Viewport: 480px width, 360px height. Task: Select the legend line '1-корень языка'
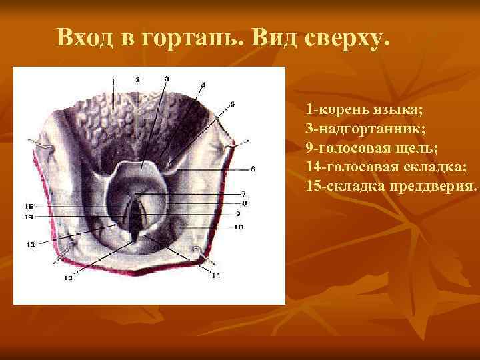365,108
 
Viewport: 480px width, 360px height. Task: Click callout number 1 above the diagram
113,81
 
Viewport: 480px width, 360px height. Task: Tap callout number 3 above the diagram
166,79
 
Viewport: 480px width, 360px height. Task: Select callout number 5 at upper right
232,103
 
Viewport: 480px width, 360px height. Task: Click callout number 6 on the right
253,167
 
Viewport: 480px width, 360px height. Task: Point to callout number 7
244,193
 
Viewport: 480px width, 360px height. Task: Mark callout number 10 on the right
239,227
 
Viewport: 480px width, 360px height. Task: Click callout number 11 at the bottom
215,274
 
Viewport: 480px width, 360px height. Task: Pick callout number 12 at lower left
68,278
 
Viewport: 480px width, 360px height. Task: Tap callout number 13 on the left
31,245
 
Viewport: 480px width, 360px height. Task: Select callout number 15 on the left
29,205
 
